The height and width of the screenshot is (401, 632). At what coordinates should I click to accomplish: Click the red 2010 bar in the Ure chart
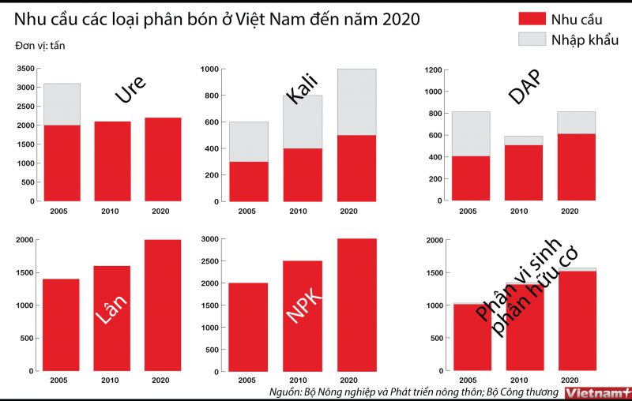111,161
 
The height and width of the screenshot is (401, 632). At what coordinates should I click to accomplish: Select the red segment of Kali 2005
248,182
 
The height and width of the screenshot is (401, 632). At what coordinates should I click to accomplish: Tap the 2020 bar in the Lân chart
162,305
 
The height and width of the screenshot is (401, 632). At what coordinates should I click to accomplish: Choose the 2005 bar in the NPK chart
248,327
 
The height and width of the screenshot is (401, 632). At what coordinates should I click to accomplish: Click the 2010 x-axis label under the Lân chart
111,380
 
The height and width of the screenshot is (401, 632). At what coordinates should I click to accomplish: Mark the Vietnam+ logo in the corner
599,392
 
